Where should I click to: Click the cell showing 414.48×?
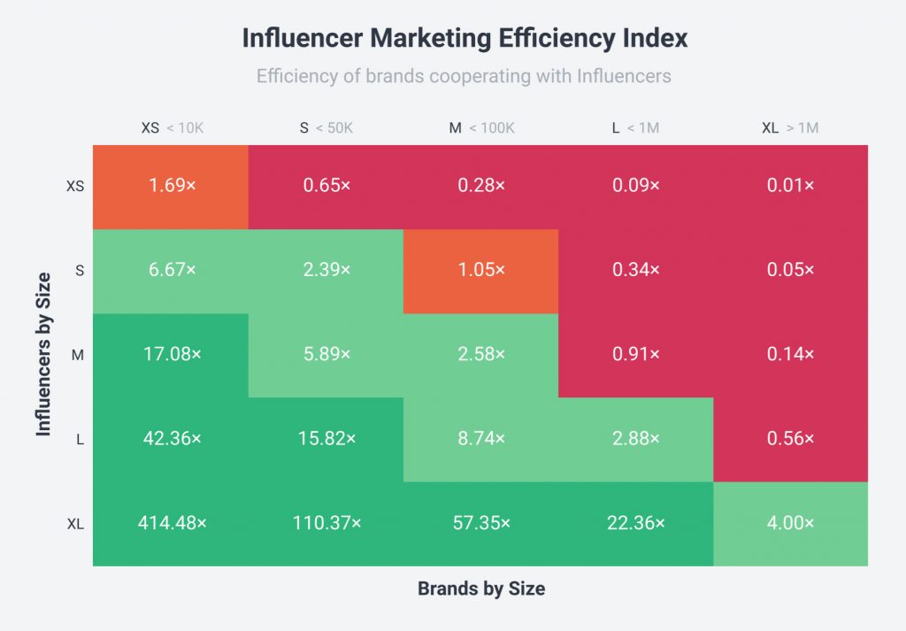click(172, 523)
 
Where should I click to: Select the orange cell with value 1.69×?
click(172, 186)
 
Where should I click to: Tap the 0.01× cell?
click(790, 186)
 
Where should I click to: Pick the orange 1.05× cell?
click(481, 270)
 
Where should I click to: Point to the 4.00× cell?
click(790, 523)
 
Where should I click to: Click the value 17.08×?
click(172, 354)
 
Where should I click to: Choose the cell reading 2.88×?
click(635, 438)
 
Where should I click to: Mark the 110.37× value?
click(326, 523)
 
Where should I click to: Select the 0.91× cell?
click(635, 354)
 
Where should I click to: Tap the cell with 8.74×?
click(481, 438)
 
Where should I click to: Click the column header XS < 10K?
click(172, 128)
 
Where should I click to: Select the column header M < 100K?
click(481, 128)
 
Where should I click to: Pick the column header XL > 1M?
click(790, 128)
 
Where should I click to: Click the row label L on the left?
click(80, 439)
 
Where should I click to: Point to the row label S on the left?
click(80, 271)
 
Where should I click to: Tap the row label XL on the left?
click(76, 524)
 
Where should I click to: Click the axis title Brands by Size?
click(481, 589)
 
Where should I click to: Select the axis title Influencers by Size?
click(43, 354)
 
